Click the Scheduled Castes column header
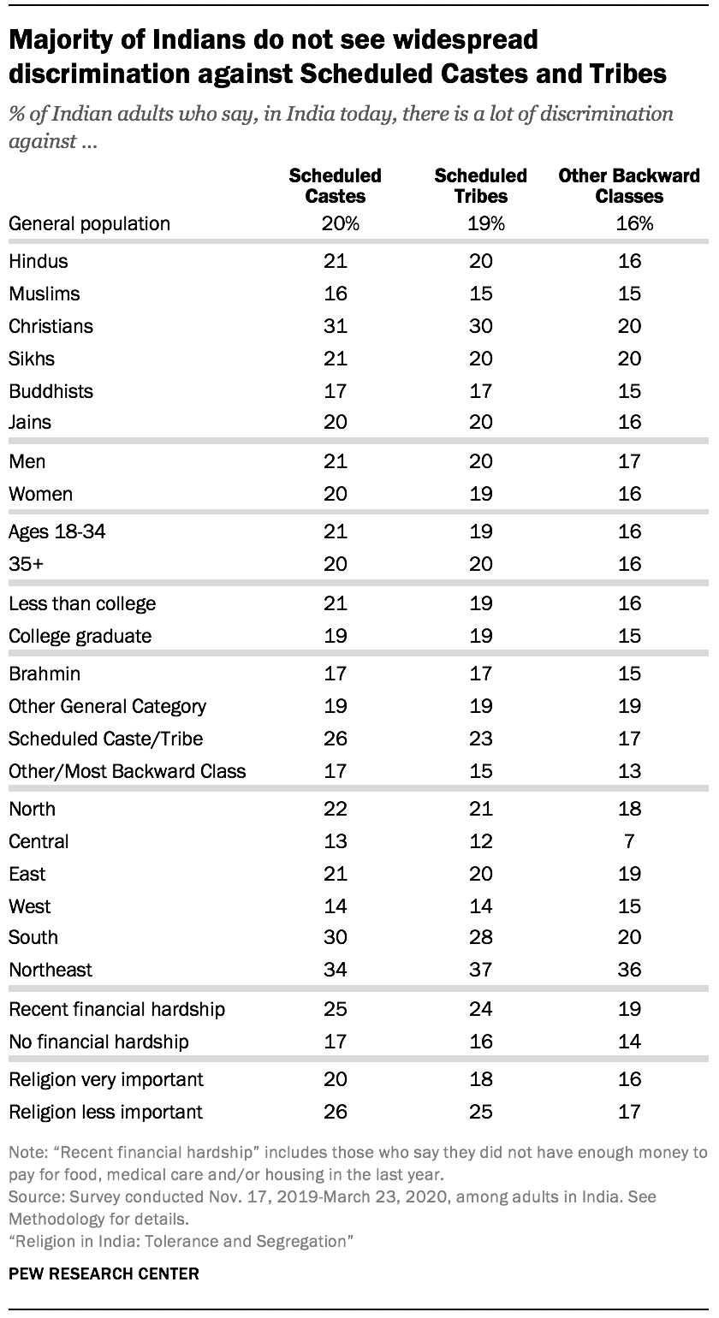tap(335, 185)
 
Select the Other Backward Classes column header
tap(629, 185)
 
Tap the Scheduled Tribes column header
tap(480, 185)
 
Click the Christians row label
tap(51, 326)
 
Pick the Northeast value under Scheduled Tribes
tap(480, 970)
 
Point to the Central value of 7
tap(629, 841)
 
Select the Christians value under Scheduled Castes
tap(335, 326)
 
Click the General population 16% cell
tap(629, 224)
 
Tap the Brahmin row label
tap(45, 674)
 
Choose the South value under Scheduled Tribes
tap(480, 937)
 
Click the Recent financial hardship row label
tap(116, 1009)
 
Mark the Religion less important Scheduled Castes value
tap(335, 1112)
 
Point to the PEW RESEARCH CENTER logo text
tap(104, 1274)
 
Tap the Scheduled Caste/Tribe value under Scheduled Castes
tap(335, 739)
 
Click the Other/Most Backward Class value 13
tap(629, 771)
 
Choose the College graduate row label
tap(80, 636)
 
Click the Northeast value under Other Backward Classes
tap(629, 970)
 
